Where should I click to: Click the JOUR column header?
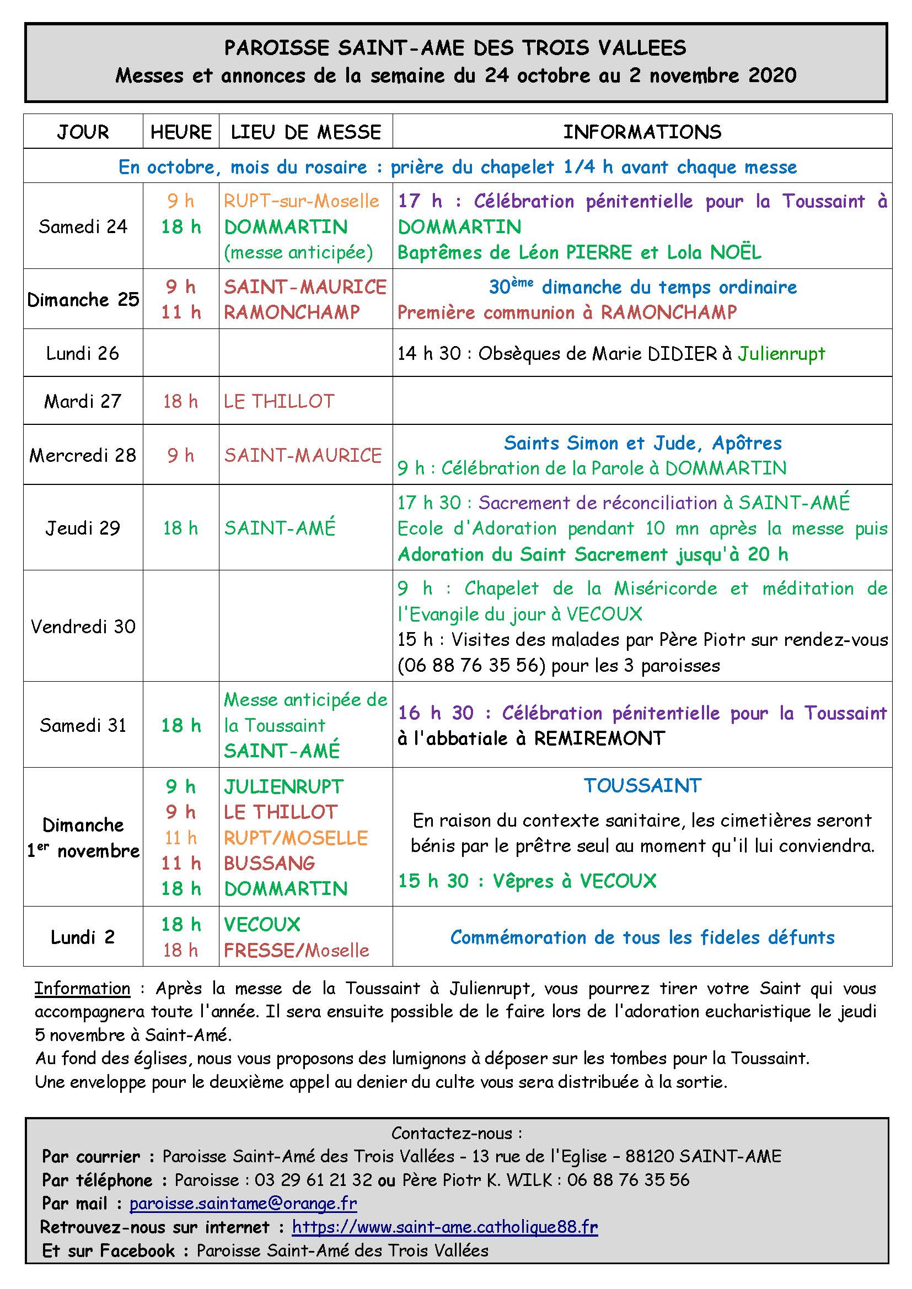[x=83, y=132]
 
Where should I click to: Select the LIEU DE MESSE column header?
[x=305, y=132]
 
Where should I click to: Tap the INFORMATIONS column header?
[x=642, y=132]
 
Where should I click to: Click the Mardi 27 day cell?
[x=83, y=401]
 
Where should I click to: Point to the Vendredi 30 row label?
[x=83, y=626]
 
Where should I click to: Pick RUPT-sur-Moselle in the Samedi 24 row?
[x=302, y=201]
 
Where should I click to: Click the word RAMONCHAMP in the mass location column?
[x=292, y=312]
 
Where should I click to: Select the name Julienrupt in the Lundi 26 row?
[x=781, y=353]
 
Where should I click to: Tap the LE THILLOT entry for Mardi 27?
[x=279, y=401]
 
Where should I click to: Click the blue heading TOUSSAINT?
[x=642, y=785]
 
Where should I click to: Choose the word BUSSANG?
[x=270, y=863]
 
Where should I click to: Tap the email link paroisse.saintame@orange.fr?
[x=243, y=1203]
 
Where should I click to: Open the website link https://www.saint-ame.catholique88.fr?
[x=445, y=1227]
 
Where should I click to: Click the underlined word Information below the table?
[x=83, y=988]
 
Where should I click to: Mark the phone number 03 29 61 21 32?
[x=313, y=1179]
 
